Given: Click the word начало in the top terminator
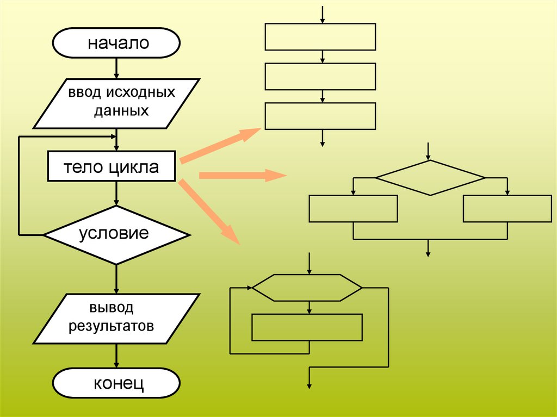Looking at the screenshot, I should [x=119, y=43].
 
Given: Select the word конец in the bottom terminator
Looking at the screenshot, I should [x=119, y=384].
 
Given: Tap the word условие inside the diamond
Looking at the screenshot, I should [x=114, y=234].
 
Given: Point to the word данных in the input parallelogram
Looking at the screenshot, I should [x=121, y=111].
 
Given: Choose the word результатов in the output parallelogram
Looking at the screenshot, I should [x=110, y=326].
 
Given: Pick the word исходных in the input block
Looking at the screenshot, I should [x=141, y=92].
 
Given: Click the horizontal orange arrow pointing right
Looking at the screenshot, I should [x=243, y=175].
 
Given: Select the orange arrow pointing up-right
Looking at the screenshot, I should [x=221, y=145].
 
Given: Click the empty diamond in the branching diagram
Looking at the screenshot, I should [x=430, y=178].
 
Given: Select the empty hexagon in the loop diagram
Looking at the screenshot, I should [x=307, y=287].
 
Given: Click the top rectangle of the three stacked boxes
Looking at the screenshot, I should [x=320, y=36].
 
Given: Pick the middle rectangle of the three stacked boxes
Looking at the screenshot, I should [x=320, y=76].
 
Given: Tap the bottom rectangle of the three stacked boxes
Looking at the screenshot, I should [x=320, y=116].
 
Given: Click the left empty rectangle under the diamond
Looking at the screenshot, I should [x=353, y=209].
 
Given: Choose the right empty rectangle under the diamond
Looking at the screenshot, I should [x=507, y=209].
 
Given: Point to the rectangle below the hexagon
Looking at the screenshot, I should [x=307, y=327].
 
